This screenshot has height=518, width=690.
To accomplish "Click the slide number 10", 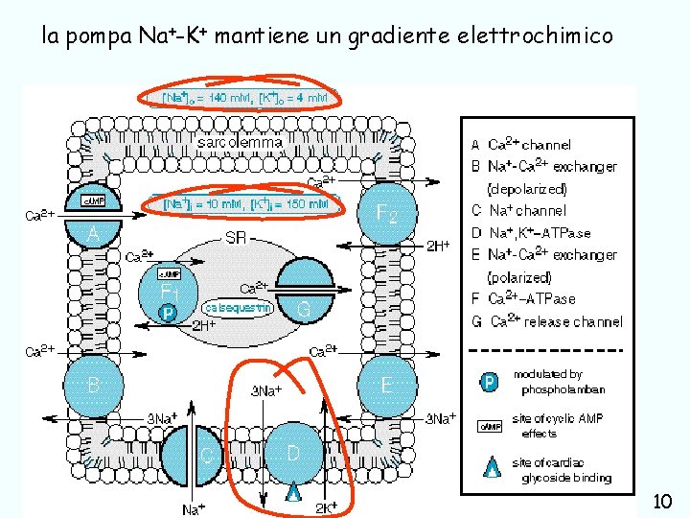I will [x=661, y=501].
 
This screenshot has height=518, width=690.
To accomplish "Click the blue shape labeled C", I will [x=206, y=455].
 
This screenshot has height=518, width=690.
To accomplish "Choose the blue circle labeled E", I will [x=385, y=386].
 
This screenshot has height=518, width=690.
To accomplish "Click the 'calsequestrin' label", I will [x=239, y=308].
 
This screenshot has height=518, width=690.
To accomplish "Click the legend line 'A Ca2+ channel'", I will [x=521, y=145].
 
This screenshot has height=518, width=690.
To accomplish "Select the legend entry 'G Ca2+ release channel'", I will [x=546, y=321].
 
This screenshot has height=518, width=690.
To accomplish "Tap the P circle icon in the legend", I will [x=489, y=382].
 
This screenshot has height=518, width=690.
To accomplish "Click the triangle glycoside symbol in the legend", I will [x=491, y=468].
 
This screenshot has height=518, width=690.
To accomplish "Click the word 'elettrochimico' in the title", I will [x=529, y=36].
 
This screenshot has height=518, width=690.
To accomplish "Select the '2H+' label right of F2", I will [x=438, y=247].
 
